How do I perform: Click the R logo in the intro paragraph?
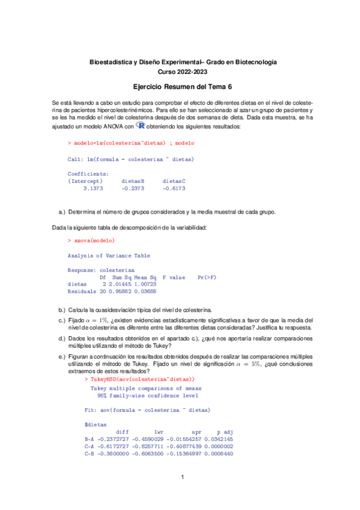tap(141, 126)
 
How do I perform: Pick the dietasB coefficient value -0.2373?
tap(133, 188)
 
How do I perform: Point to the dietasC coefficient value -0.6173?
tap(174, 188)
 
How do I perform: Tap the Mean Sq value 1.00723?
tap(145, 284)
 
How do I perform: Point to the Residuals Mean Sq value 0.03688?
tap(145, 291)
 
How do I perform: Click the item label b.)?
tap(62, 309)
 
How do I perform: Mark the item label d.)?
tap(62, 338)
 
